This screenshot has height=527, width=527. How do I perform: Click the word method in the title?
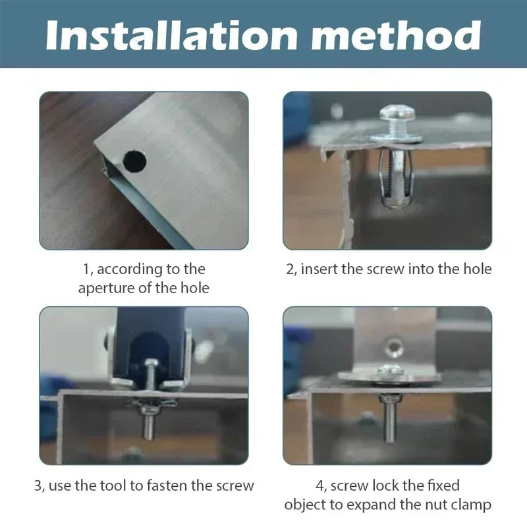404,35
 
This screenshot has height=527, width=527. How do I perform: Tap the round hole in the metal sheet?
134,160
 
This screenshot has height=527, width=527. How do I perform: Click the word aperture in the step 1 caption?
107,288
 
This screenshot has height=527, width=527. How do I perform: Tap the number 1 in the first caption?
86,269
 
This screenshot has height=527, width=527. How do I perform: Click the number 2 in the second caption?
291,269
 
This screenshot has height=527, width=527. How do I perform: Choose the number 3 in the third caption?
38,486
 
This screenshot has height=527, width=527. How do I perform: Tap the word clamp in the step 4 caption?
472,505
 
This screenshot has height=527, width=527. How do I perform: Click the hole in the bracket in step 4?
393,346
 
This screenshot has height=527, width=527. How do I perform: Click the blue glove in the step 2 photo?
296,119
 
